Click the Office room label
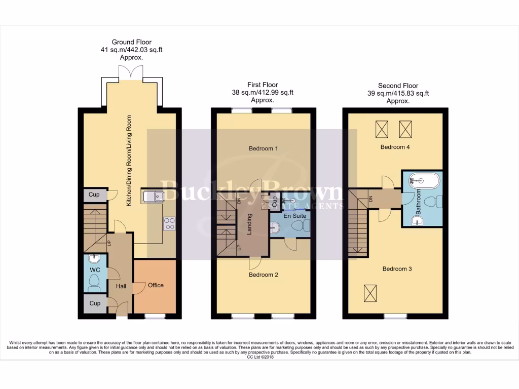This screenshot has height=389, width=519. (156, 285)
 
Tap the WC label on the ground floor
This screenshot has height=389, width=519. (95, 270)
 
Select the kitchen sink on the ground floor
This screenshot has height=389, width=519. (153, 196)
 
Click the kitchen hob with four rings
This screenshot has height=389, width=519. (169, 223)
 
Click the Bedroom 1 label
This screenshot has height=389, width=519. (263, 149)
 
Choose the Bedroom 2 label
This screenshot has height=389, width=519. (263, 275)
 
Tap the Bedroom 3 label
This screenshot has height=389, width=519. (397, 268)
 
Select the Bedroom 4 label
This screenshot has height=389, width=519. (395, 147)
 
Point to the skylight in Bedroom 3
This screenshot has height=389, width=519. (370, 292)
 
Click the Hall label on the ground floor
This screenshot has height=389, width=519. (121, 287)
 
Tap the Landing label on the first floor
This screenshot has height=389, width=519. (249, 224)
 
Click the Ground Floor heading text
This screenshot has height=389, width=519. (131, 43)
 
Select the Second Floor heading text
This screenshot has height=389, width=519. (398, 86)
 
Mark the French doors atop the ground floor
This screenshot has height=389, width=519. (131, 73)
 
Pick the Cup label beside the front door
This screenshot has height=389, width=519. (95, 303)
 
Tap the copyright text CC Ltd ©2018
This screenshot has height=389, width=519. (259, 357)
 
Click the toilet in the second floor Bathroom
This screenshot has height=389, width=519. (431, 202)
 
